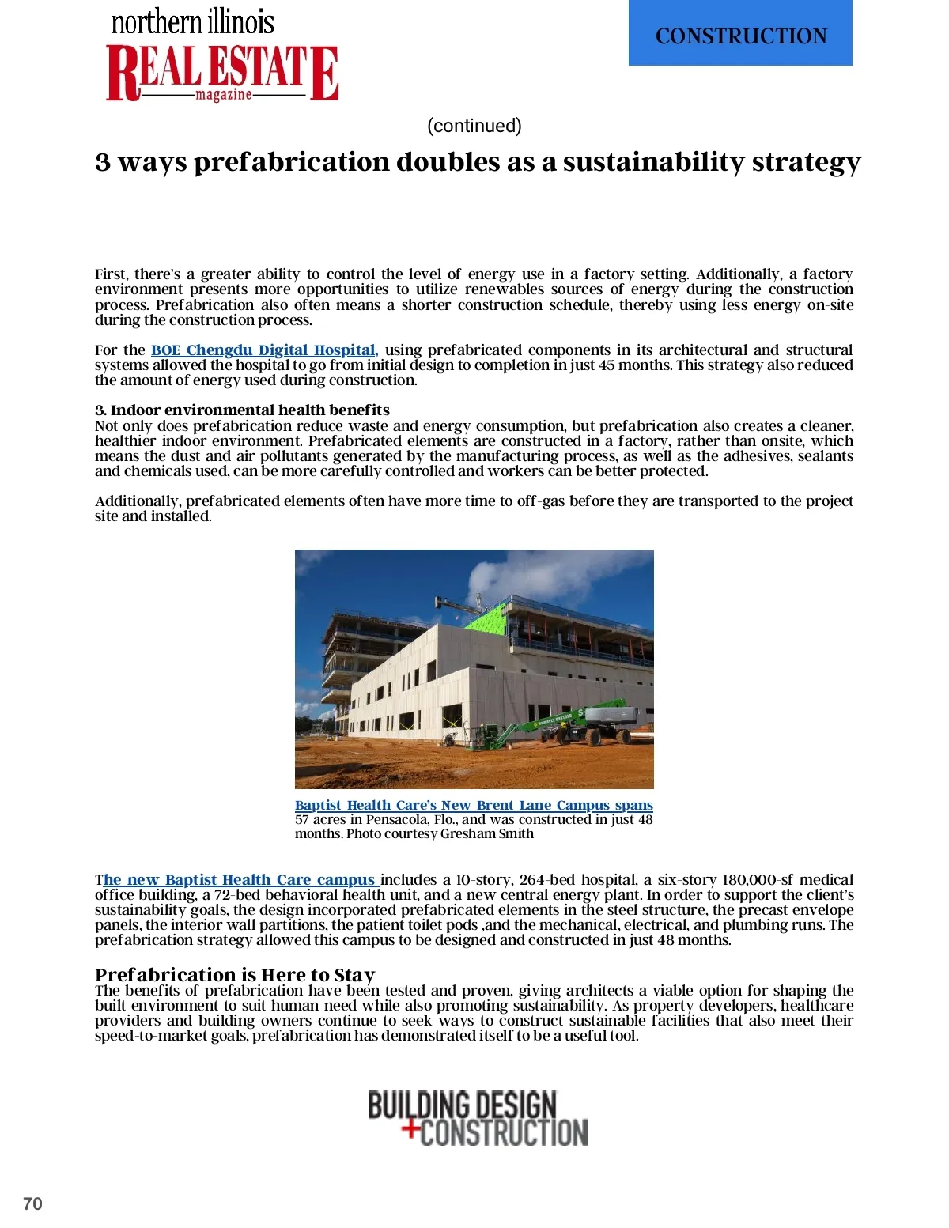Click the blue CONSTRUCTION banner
click(740, 34)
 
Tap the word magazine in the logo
click(224, 95)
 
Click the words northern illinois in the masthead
click(192, 22)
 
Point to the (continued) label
click(474, 126)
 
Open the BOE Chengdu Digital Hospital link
click(264, 350)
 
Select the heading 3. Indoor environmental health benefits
click(242, 410)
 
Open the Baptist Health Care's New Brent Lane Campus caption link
click(474, 805)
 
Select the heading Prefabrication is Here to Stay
click(235, 974)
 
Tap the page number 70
click(32, 1203)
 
